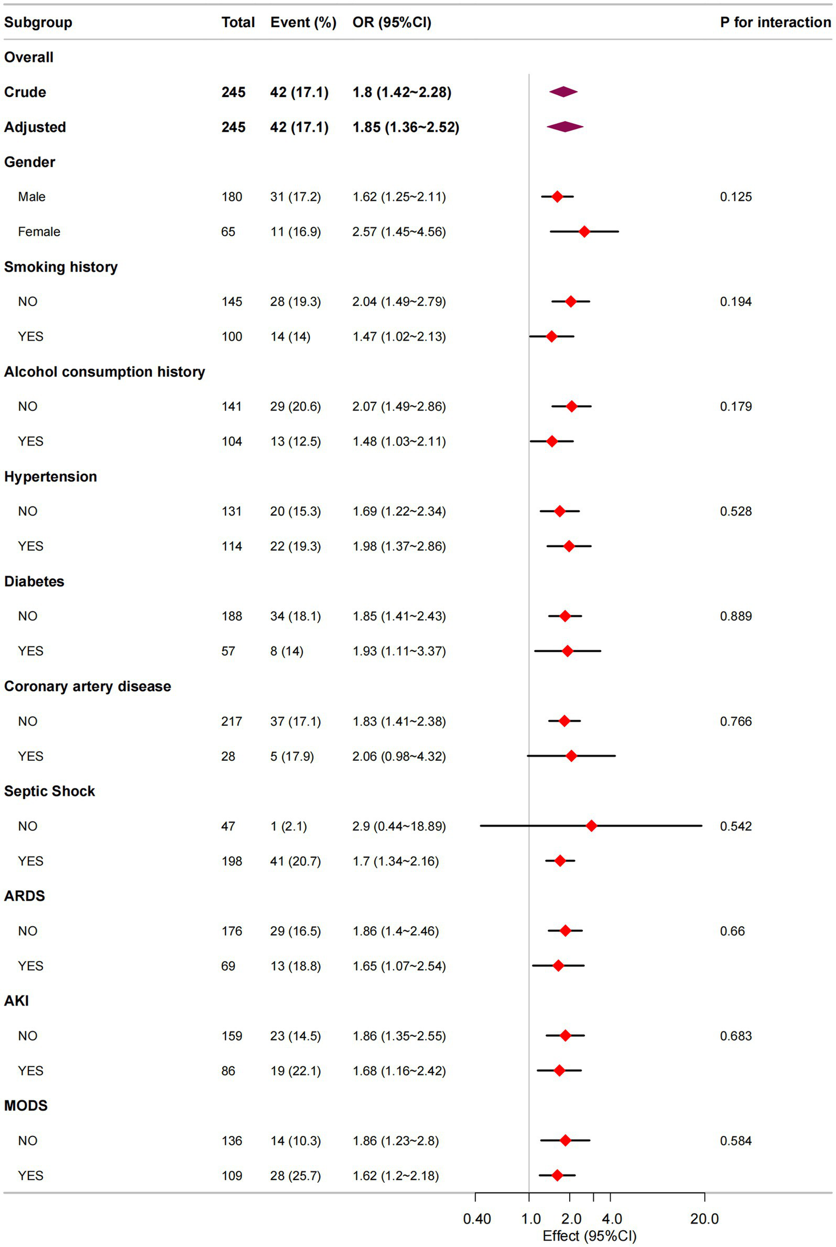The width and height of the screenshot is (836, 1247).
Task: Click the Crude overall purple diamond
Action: pos(563,92)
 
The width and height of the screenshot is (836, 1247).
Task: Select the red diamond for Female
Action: pos(584,231)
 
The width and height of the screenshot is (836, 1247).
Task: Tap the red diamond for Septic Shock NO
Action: pos(591,826)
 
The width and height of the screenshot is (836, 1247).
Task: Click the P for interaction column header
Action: pos(775,22)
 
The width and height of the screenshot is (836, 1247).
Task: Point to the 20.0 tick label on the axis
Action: pos(704,1219)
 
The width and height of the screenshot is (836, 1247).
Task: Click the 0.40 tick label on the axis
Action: pos(477,1219)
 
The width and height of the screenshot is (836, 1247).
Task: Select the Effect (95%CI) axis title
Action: pos(589,1236)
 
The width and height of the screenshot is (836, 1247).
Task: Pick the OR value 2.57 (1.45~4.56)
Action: pos(399,231)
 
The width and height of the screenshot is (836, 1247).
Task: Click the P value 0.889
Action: pos(735,616)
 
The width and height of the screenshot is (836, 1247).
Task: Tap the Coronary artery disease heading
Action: pos(87,686)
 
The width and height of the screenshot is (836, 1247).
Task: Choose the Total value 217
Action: pos(231,721)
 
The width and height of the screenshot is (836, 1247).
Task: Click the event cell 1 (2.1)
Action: pos(288,826)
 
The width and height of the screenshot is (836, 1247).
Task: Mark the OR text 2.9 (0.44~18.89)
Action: pos(399,826)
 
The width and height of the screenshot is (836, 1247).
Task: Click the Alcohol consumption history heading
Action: pos(104,371)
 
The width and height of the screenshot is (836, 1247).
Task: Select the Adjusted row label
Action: pos(35,127)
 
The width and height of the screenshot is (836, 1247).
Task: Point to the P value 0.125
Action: pos(735,197)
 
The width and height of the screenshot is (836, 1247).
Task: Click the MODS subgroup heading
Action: pos(26,1105)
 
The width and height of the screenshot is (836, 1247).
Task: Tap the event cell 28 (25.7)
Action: pos(295,1175)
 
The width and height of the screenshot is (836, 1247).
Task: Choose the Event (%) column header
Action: pos(303,22)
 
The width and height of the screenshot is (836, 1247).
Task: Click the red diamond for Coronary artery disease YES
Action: pos(571,756)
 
